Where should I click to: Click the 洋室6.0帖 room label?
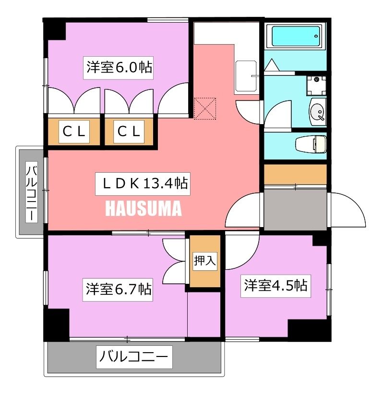119,68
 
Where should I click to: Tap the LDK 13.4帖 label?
143,183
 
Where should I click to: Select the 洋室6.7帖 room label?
119,289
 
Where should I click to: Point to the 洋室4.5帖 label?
275,285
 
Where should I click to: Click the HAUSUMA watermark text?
143,209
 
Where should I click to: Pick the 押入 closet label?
205,261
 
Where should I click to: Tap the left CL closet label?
74,131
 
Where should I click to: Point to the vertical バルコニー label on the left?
32,192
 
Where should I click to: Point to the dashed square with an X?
206,109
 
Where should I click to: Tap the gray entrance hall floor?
294,209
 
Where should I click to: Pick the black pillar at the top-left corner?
55,29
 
